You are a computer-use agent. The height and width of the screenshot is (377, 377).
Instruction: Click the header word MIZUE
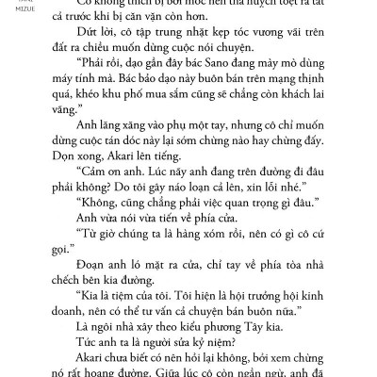pyautogui.click(x=20, y=16)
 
